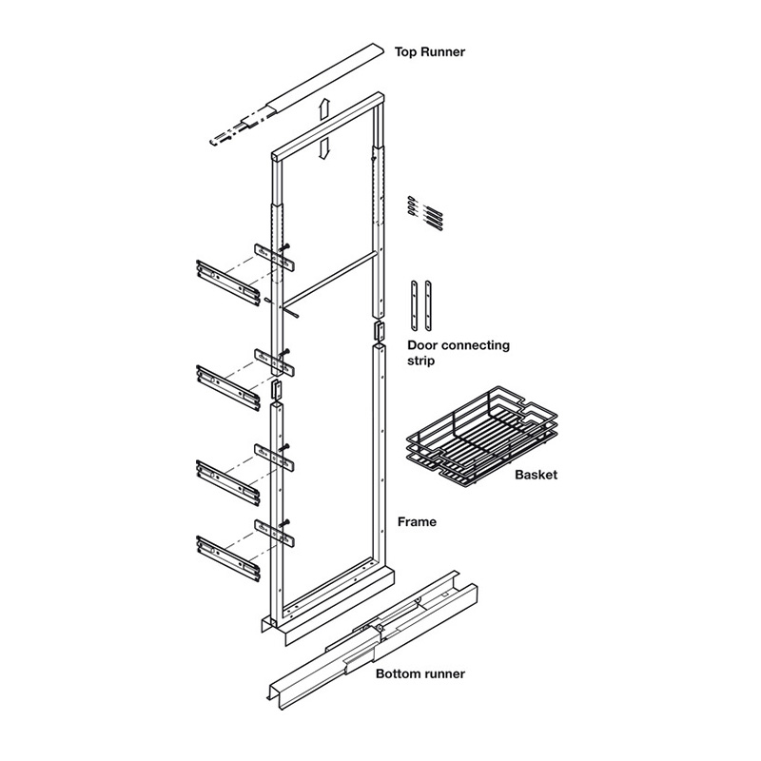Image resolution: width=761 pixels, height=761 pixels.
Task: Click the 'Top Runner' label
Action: point(431,52)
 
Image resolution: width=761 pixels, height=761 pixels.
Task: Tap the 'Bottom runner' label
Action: point(420,674)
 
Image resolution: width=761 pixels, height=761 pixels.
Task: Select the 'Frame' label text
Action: point(417,522)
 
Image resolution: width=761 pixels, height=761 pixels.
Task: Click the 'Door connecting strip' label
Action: point(459,353)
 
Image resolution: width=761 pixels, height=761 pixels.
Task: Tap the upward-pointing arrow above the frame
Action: point(324,108)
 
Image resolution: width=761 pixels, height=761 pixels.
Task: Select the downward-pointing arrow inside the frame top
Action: point(324,148)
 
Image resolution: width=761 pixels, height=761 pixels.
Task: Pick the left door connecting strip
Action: point(416,303)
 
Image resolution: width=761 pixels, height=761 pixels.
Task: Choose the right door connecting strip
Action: point(430,303)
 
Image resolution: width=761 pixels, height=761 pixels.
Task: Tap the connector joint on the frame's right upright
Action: point(379,331)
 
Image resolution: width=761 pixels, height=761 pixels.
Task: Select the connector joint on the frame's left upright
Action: point(277,391)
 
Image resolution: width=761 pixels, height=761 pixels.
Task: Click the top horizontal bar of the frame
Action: point(328,124)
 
